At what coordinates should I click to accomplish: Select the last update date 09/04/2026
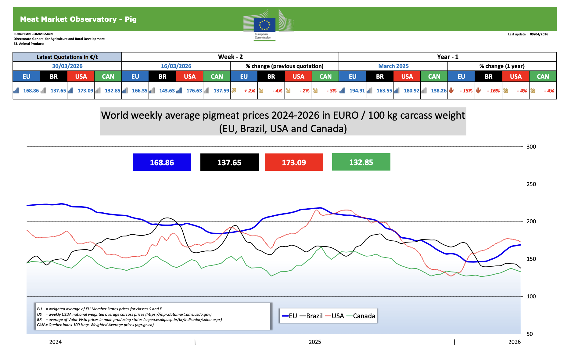(539, 34)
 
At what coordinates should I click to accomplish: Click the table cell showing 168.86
(31, 91)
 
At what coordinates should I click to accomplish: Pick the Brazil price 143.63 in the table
(167, 91)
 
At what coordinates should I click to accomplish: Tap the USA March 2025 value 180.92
(411, 91)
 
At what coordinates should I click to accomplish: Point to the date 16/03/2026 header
(176, 66)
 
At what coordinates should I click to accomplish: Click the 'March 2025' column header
(393, 66)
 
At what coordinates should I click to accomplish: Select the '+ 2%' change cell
(250, 91)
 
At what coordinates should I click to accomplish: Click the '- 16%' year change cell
(493, 91)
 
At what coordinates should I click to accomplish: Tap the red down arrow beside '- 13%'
(451, 90)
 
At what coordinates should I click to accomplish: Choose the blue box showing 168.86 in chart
(162, 162)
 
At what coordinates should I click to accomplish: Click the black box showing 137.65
(229, 162)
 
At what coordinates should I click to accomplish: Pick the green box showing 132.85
(361, 162)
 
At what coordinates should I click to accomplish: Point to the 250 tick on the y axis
(531, 184)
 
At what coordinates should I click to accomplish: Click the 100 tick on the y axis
(531, 296)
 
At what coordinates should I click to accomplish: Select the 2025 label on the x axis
(315, 342)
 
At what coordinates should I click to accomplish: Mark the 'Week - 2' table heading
(230, 57)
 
